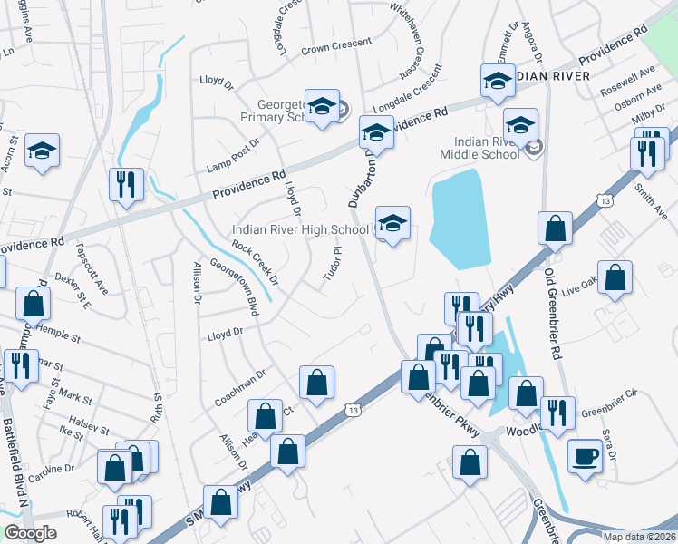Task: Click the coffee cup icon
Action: [586, 455]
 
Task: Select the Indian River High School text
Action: [302, 230]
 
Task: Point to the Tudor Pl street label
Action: [333, 264]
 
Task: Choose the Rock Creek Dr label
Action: [254, 262]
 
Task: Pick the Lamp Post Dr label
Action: [233, 151]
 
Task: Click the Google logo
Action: [29, 533]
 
